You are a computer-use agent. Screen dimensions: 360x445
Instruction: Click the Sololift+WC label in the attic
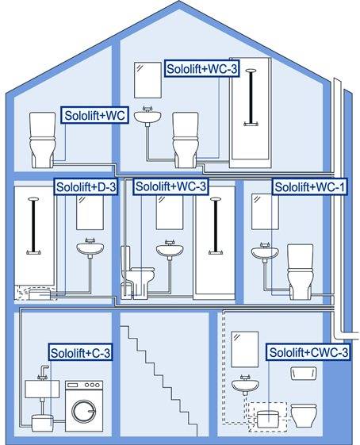pyautogui.click(x=94, y=115)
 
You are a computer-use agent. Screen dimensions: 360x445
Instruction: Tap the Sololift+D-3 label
pyautogui.click(x=86, y=187)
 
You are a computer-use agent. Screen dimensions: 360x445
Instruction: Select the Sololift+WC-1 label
pyautogui.click(x=310, y=187)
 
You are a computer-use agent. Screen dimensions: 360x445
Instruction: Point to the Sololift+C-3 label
pyautogui.click(x=81, y=352)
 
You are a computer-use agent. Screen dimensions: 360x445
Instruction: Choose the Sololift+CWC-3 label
pyautogui.click(x=308, y=352)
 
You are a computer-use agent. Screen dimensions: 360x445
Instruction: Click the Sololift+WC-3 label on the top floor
pyautogui.click(x=201, y=69)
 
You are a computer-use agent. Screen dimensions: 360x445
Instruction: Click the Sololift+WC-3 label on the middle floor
pyautogui.click(x=170, y=186)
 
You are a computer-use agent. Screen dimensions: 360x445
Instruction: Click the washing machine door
pyautogui.click(x=84, y=412)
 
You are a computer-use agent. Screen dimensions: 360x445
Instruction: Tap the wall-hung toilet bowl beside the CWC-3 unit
pyautogui.click(x=304, y=416)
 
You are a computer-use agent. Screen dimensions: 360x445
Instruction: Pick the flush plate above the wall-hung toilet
pyautogui.click(x=304, y=373)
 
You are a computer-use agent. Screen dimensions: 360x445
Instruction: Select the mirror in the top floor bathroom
pyautogui.click(x=147, y=80)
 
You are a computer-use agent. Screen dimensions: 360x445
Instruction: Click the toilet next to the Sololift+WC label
pyautogui.click(x=42, y=140)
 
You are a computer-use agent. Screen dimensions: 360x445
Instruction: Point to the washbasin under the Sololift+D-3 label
pyautogui.click(x=90, y=247)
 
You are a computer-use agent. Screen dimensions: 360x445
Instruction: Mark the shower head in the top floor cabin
pyautogui.click(x=251, y=71)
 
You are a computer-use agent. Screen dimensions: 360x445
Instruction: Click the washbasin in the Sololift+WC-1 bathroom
pyautogui.click(x=265, y=251)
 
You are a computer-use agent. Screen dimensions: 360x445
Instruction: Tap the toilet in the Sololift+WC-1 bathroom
pyautogui.click(x=301, y=271)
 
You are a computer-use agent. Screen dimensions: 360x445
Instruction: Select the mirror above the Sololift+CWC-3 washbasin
pyautogui.click(x=244, y=349)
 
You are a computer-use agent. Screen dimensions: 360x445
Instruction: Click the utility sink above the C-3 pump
pyautogui.click(x=42, y=389)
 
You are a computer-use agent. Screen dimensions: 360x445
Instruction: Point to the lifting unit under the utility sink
pyautogui.click(x=42, y=423)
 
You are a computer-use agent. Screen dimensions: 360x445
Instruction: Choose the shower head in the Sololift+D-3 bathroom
pyautogui.click(x=33, y=199)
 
